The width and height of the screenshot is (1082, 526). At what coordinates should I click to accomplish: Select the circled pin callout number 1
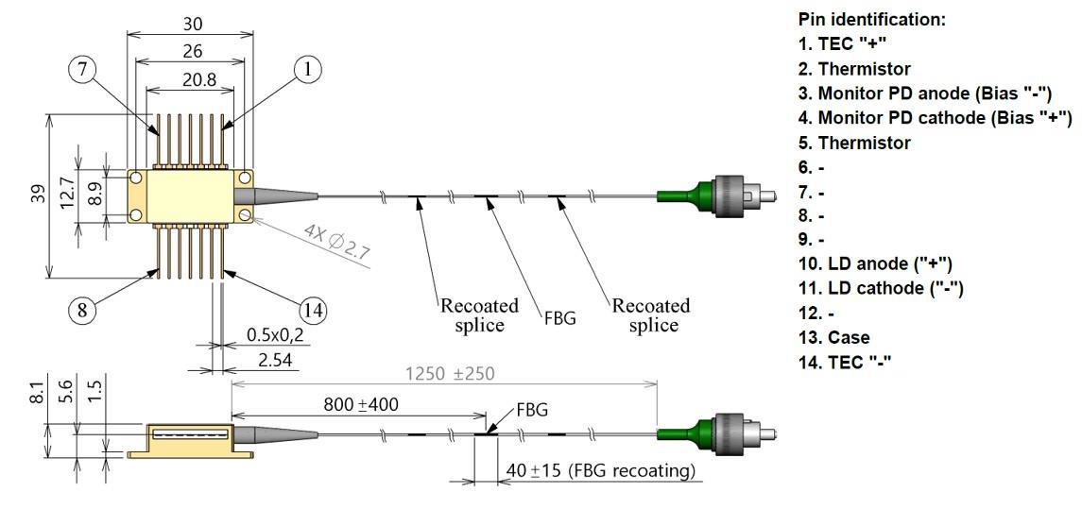pos(308,68)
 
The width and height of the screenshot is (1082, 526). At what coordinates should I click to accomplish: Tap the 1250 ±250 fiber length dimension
pos(448,373)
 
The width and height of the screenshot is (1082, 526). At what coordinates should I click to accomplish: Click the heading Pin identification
pos(871,19)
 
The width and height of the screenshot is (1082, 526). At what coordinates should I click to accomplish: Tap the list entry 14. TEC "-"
pos(845,362)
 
